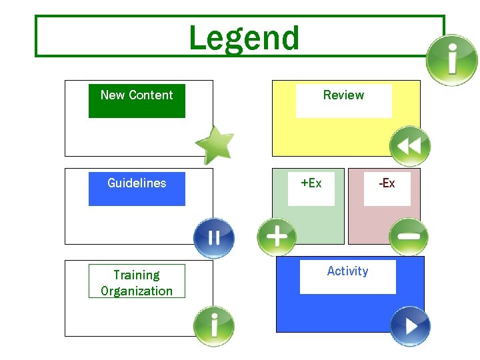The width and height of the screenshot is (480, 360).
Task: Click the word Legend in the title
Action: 244,38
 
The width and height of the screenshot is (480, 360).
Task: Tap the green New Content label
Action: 137,101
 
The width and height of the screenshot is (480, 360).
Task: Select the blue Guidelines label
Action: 137,188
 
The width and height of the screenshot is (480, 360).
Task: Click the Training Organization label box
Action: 137,283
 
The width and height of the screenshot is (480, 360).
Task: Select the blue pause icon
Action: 213,238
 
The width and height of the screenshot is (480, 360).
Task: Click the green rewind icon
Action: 410,146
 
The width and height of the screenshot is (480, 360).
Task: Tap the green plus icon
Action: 277,237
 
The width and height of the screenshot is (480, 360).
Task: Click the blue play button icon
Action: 410,326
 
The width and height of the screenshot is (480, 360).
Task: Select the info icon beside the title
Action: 452,60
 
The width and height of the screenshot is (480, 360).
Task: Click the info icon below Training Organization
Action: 213,326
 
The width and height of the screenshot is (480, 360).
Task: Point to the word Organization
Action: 137,291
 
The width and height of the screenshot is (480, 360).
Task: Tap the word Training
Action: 137,275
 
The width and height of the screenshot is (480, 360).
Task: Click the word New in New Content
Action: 112,95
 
